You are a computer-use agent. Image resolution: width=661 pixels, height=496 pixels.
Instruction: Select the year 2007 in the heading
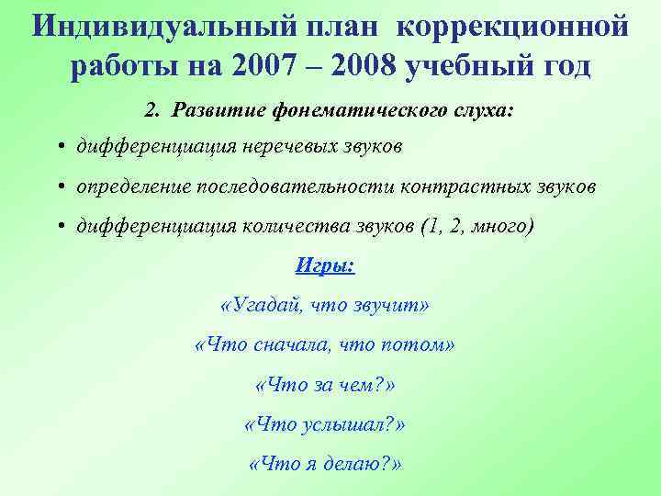[x=263, y=66]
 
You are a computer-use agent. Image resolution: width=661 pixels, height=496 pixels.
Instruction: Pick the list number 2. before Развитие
[x=153, y=110]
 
